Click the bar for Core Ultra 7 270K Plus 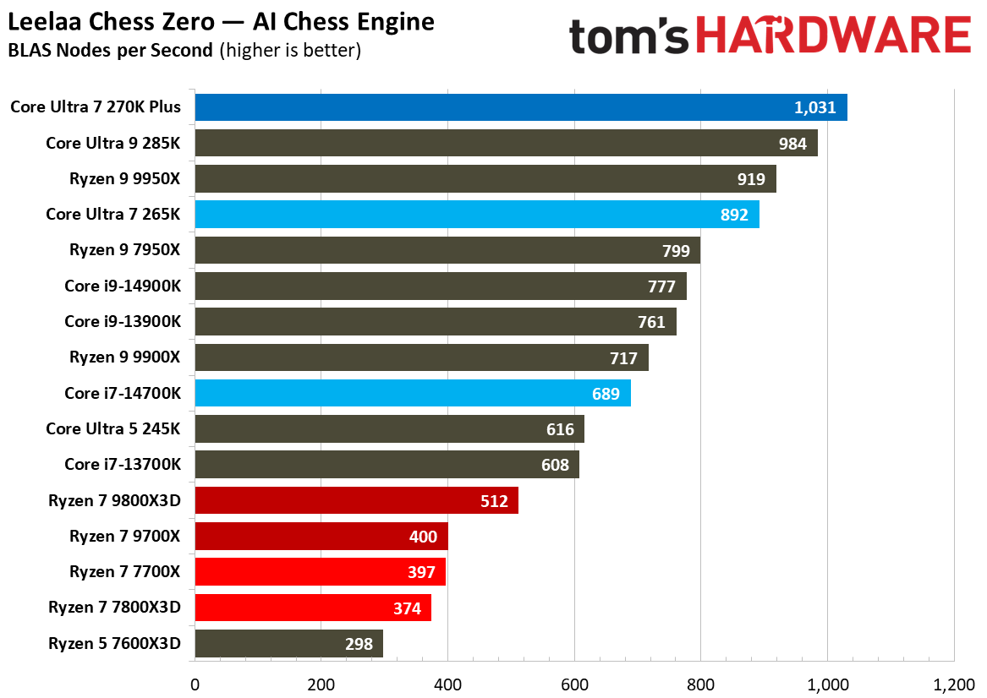520,107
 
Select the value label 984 793,144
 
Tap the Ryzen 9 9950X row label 125,179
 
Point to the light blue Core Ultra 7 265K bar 476,215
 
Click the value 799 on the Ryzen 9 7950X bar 676,251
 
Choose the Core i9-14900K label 123,286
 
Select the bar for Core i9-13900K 435,322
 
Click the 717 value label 623,358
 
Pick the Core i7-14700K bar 412,394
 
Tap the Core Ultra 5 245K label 113,429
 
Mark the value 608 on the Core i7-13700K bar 555,465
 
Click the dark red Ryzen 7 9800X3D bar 355,501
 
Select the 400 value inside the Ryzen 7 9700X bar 423,537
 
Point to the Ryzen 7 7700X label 125,572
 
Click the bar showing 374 313,608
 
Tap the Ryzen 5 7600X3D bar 288,644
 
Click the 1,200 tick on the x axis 954,683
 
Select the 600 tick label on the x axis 574,683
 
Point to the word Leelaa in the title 37,22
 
